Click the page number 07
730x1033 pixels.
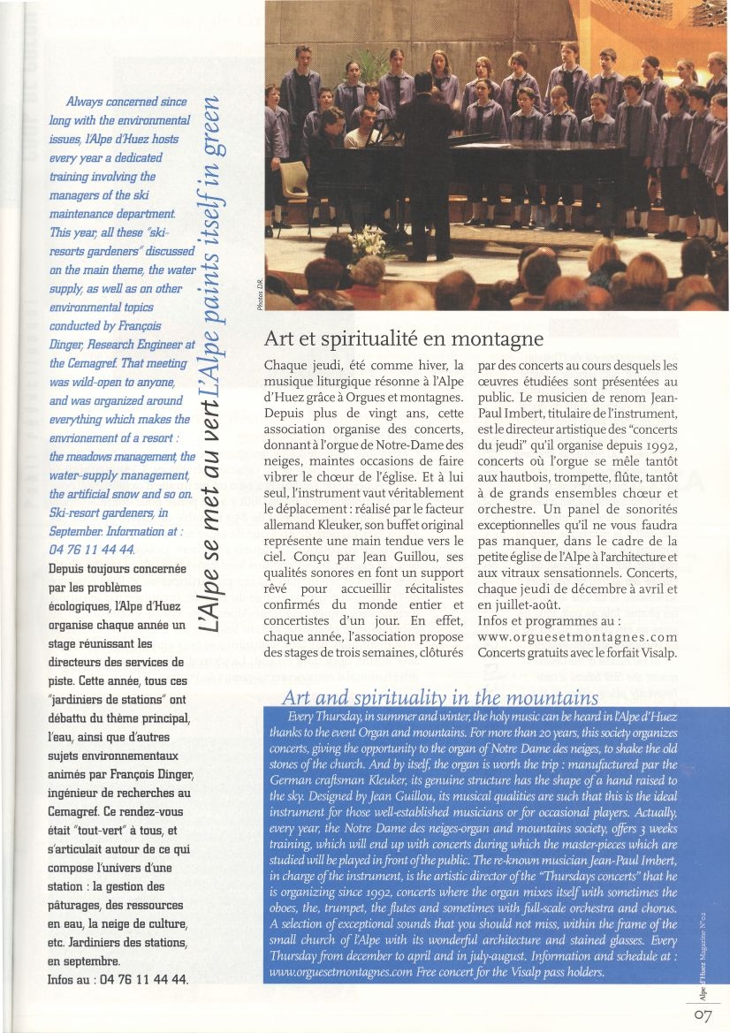(703, 1015)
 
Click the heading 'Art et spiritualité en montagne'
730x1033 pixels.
(403, 338)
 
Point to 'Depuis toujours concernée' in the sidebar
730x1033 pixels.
(117, 570)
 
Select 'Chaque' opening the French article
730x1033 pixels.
(286, 365)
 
